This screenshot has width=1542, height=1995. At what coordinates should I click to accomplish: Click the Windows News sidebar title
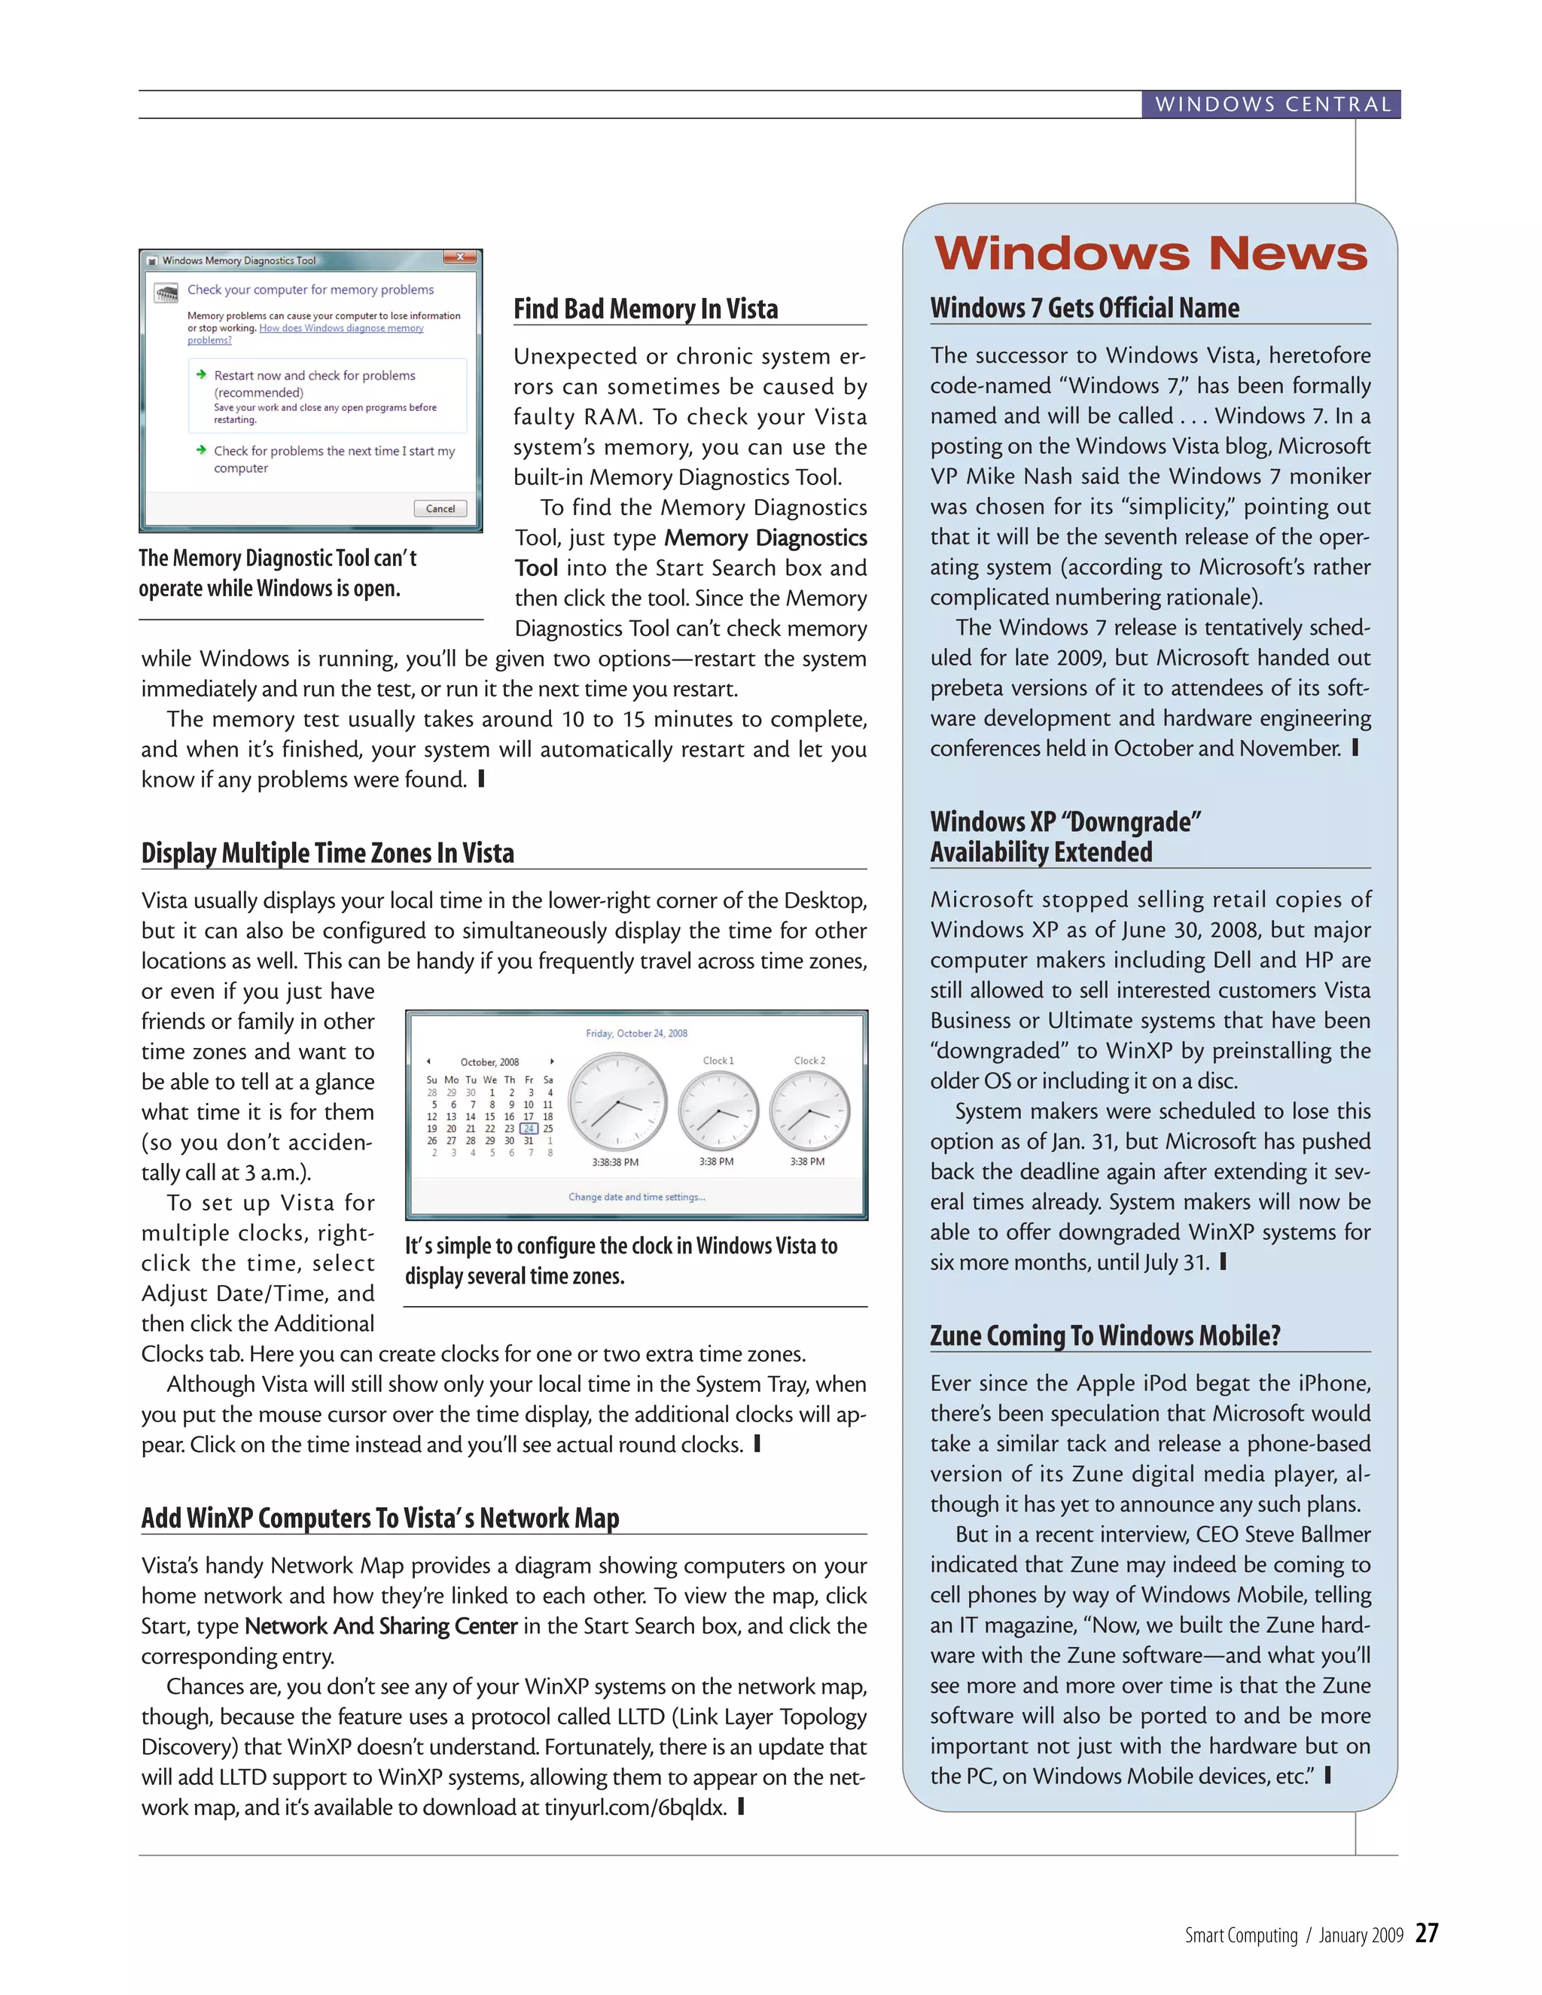tap(1150, 253)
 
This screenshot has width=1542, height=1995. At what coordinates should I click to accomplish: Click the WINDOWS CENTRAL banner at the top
tap(1272, 104)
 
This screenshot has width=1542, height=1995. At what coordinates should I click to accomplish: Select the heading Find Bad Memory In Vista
tap(645, 309)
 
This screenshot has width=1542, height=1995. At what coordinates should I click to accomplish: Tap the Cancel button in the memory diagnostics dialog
tap(440, 509)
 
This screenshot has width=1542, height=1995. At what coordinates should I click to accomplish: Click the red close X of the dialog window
tap(460, 257)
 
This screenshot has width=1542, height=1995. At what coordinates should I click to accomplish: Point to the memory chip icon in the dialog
tap(166, 293)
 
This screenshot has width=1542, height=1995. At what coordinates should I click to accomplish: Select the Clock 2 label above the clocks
tap(809, 1061)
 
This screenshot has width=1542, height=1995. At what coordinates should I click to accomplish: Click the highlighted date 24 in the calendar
tap(528, 1128)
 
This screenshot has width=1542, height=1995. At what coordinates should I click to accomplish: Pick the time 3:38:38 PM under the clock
tap(615, 1162)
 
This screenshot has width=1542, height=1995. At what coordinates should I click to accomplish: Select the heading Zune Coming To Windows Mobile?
tap(1105, 1336)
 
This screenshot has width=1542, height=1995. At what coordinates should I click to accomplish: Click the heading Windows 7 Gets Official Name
tap(1084, 308)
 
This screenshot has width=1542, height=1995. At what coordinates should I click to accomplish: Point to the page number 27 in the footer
tap(1426, 1933)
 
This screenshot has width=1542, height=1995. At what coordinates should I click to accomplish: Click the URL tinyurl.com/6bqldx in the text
tap(635, 1808)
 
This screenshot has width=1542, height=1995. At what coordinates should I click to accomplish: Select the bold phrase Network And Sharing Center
tap(381, 1626)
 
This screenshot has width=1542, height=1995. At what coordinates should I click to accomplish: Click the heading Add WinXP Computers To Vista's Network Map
tap(380, 1518)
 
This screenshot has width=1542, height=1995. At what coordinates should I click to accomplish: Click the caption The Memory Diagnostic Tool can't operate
tap(277, 573)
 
